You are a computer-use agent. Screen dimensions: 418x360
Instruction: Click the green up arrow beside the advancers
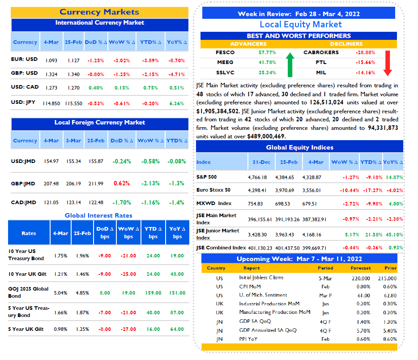(x=290, y=65)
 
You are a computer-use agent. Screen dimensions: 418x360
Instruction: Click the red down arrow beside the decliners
(x=388, y=63)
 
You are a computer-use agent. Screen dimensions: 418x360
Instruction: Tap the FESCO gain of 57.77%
(x=267, y=52)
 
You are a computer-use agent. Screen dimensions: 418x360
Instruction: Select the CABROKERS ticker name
(x=321, y=52)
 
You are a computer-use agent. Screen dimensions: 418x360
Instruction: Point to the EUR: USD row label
(x=24, y=59)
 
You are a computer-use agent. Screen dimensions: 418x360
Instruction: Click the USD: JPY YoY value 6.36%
(x=177, y=103)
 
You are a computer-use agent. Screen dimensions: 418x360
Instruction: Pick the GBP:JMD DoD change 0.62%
(x=122, y=184)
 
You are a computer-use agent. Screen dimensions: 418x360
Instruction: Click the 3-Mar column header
(x=73, y=141)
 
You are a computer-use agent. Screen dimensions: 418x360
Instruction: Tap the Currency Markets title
(x=99, y=12)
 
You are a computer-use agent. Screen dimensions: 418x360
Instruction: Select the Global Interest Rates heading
(x=98, y=215)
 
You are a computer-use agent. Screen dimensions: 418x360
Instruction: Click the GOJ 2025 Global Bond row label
(x=28, y=292)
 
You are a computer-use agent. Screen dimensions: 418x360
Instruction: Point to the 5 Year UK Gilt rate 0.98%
(x=60, y=330)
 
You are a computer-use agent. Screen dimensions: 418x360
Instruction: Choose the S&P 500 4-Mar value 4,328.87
(x=311, y=177)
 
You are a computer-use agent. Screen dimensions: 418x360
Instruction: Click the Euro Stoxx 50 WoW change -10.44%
(x=349, y=190)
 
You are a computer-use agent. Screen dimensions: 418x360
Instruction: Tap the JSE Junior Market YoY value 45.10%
(x=394, y=235)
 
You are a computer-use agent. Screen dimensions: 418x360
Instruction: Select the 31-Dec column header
(x=261, y=162)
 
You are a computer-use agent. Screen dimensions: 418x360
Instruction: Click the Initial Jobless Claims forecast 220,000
(x=361, y=279)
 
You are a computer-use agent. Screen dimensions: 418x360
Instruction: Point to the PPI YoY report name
(x=248, y=339)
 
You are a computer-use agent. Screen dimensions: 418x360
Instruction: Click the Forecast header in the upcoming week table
(x=360, y=268)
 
